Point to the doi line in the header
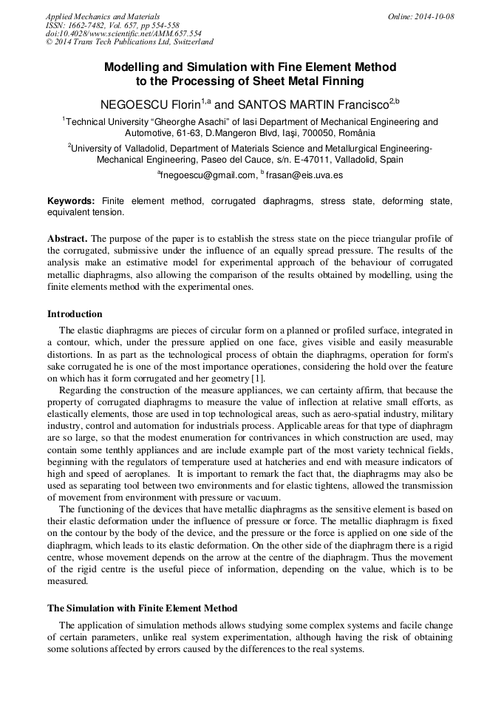(x=123, y=34)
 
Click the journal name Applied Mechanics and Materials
(x=102, y=16)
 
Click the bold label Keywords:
(x=71, y=201)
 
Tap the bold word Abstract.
(x=67, y=239)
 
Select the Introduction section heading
(x=75, y=314)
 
